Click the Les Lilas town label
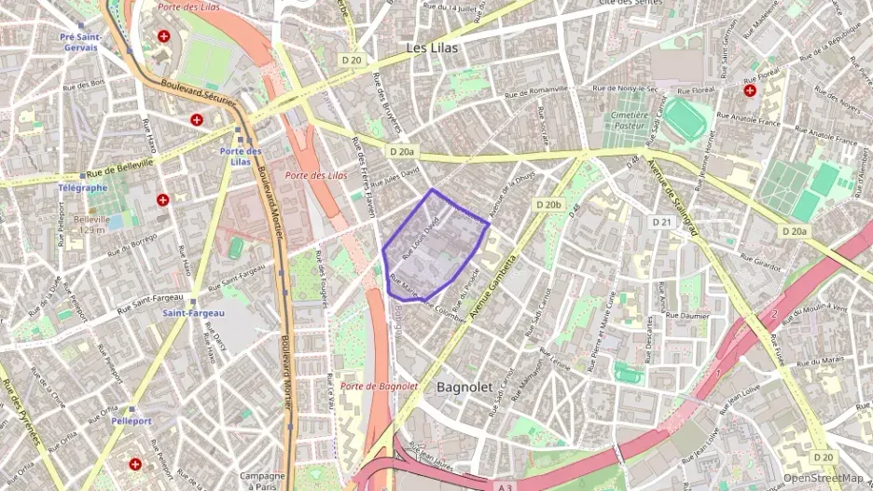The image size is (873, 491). (432, 47)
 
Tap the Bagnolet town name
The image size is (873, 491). (464, 386)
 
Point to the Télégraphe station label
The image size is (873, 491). (82, 187)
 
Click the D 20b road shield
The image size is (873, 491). (549, 204)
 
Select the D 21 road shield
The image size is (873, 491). (662, 222)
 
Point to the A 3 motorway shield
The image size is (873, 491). (505, 485)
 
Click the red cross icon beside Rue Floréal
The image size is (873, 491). (750, 90)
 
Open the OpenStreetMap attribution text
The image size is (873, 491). (823, 478)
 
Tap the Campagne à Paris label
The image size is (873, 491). (262, 481)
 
